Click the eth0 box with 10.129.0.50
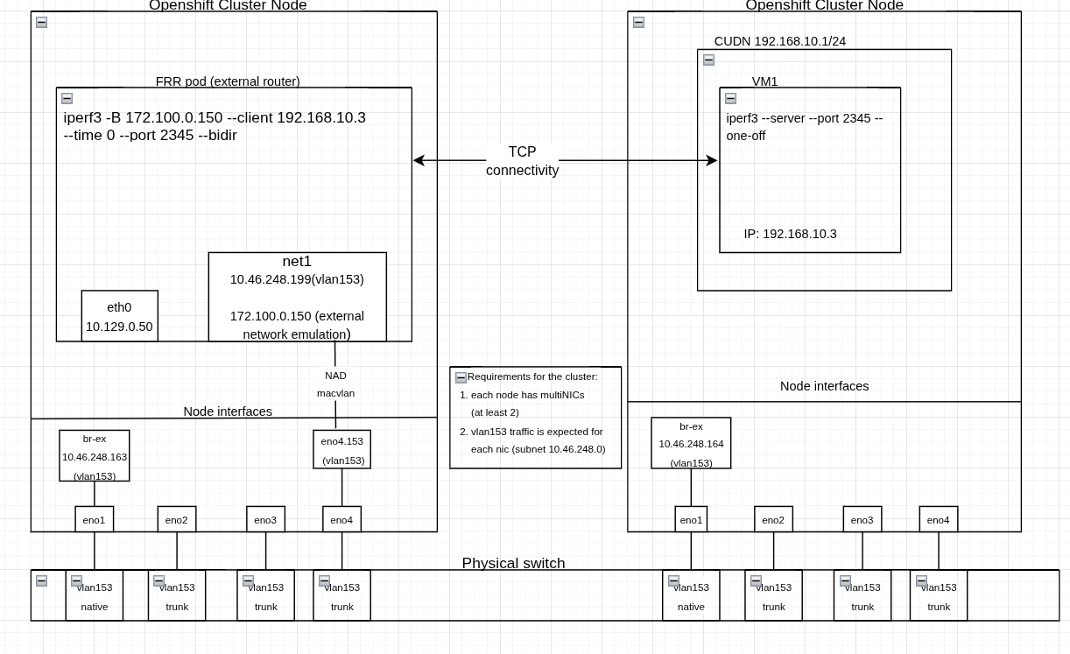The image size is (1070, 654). pyautogui.click(x=119, y=316)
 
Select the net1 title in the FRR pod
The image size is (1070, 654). pyautogui.click(x=297, y=261)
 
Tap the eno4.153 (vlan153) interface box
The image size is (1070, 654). pyautogui.click(x=341, y=449)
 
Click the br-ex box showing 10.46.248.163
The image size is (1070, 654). pyautogui.click(x=95, y=455)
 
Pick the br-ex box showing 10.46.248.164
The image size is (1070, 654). pyautogui.click(x=691, y=443)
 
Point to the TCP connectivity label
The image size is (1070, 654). pyautogui.click(x=522, y=161)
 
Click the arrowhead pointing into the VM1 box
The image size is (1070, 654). pyautogui.click(x=712, y=160)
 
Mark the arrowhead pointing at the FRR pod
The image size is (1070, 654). pyautogui.click(x=419, y=160)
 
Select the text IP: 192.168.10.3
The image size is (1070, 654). pyautogui.click(x=790, y=234)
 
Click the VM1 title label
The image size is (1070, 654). pyautogui.click(x=764, y=81)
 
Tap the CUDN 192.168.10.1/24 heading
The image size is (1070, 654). pyautogui.click(x=779, y=41)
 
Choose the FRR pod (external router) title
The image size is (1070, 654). pyautogui.click(x=228, y=81)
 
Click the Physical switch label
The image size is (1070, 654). pyautogui.click(x=513, y=563)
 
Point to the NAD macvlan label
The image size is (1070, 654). pyautogui.click(x=335, y=384)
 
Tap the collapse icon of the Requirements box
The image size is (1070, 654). pyautogui.click(x=461, y=378)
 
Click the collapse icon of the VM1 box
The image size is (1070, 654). pyautogui.click(x=730, y=99)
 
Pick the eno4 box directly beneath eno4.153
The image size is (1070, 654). pyautogui.click(x=341, y=519)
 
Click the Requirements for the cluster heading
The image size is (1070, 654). pyautogui.click(x=532, y=376)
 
